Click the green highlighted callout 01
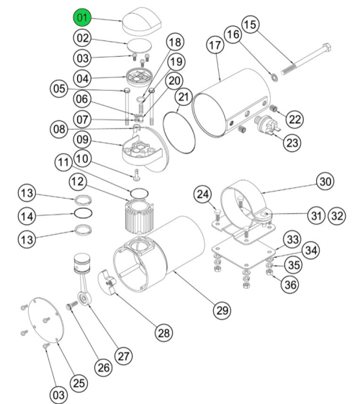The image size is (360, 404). click(x=81, y=16)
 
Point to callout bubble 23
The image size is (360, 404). click(x=291, y=143)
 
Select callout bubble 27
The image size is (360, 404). click(x=124, y=355)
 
